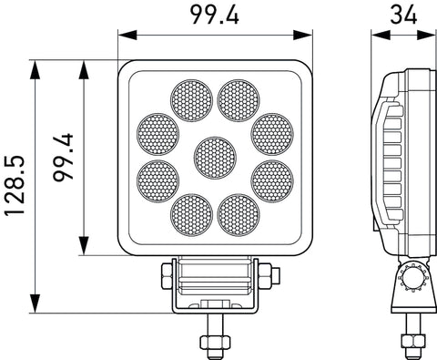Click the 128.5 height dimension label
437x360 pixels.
click(14, 186)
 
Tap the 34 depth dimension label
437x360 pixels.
click(403, 15)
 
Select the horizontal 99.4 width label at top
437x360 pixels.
click(215, 15)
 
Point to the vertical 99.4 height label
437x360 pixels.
click(63, 157)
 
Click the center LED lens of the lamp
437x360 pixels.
click(215, 158)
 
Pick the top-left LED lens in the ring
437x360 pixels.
click(191, 100)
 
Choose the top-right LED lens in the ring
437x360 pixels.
click(239, 100)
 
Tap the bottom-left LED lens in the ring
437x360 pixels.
click(191, 215)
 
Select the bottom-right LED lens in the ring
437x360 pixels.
click(239, 215)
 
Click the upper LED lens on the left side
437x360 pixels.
click(158, 135)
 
